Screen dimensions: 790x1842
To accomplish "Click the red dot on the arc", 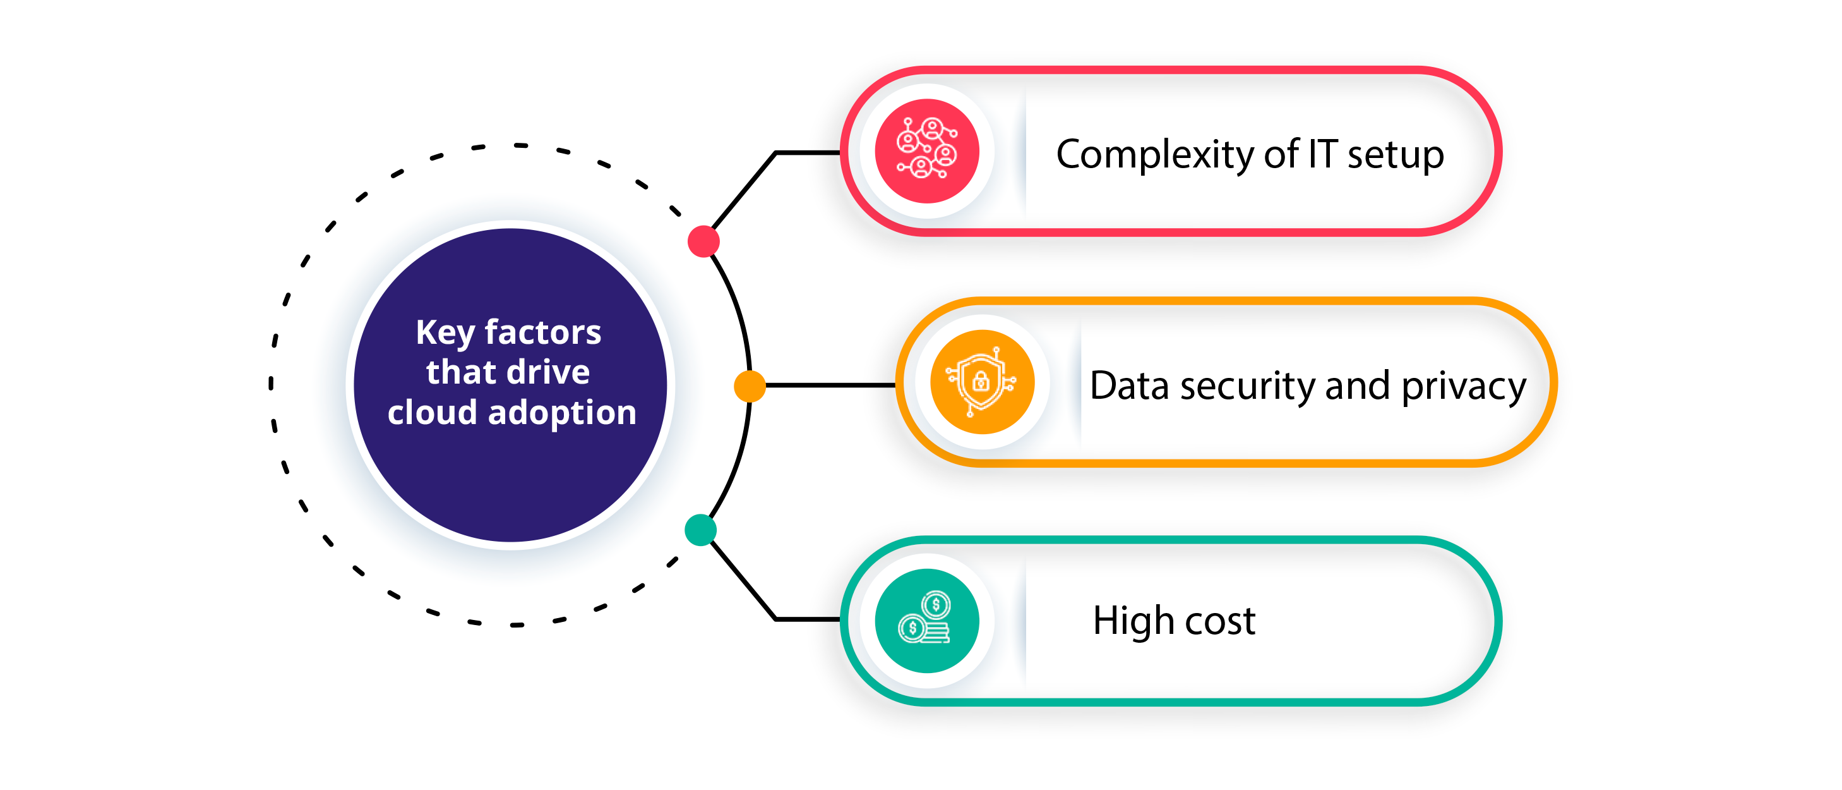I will point(703,242).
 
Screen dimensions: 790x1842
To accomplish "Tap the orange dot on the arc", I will point(750,386).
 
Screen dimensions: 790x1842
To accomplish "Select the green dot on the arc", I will point(701,530).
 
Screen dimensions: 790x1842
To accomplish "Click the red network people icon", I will point(928,151).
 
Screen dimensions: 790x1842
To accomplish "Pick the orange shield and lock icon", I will point(982,382).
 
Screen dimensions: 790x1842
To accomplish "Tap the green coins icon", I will point(928,621).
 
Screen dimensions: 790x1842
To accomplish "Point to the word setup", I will point(1395,155).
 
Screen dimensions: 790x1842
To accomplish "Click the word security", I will point(1248,386).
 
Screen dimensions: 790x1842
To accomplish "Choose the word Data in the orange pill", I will point(1129,386).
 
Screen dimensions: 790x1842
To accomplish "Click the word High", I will point(1133,621).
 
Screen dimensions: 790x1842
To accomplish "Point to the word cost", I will point(1220,621).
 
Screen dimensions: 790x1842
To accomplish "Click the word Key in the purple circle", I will point(445,332).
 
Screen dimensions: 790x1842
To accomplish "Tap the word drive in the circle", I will point(549,372).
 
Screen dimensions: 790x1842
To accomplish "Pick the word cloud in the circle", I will point(432,413).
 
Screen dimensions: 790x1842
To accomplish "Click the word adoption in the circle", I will point(562,413).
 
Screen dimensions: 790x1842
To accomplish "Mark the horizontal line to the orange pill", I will point(830,386).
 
